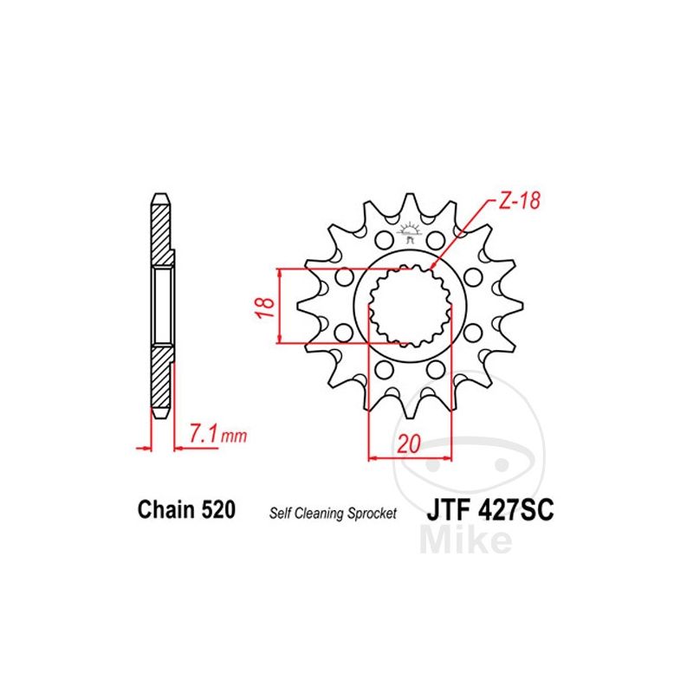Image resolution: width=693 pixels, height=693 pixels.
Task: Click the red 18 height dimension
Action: pos(265,308)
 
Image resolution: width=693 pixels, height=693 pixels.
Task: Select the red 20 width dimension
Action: pos(409,444)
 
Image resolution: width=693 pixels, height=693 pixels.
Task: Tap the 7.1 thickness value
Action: pos(204,433)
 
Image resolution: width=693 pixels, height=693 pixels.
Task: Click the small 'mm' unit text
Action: pos(234,437)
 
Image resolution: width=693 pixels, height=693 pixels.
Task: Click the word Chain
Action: pos(166,509)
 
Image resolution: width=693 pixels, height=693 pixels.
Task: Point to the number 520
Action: pos(218,509)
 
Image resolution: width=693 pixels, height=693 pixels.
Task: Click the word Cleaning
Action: pos(319,514)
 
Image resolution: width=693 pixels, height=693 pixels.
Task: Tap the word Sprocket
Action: pos(372,514)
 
